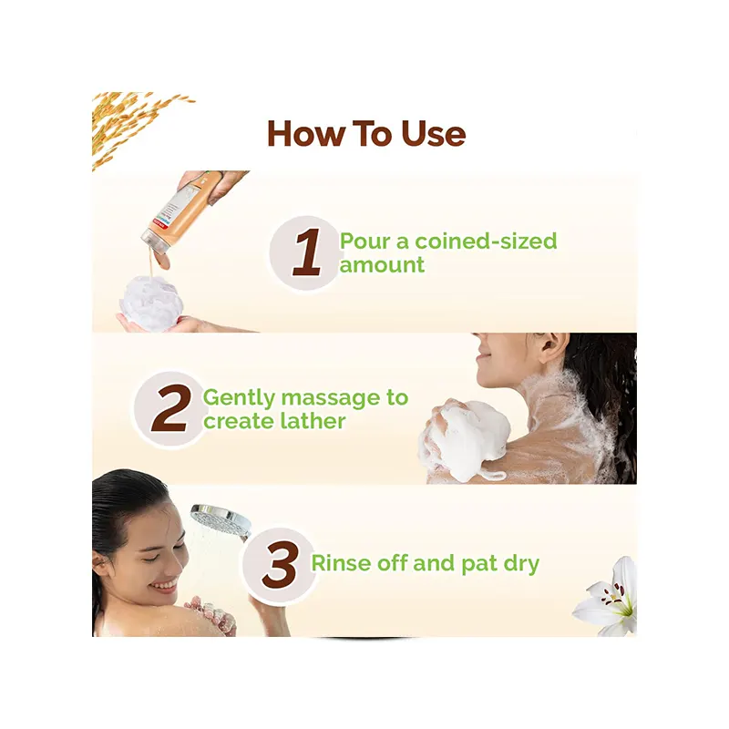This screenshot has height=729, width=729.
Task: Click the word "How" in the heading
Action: (x=305, y=134)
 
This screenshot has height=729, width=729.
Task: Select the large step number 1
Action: (x=307, y=252)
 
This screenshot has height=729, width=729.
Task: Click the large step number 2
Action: (x=171, y=408)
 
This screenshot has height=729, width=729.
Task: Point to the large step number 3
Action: (x=281, y=564)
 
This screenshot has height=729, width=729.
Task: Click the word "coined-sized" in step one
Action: (x=486, y=241)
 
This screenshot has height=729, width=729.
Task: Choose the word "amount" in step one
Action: (x=382, y=265)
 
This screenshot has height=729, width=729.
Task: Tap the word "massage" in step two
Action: (x=331, y=398)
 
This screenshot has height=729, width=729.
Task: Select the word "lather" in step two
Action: (x=313, y=421)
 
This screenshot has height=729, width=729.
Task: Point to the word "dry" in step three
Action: (x=521, y=564)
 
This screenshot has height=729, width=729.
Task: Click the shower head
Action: (x=221, y=520)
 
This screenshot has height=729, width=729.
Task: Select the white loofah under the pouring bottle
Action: (x=150, y=303)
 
